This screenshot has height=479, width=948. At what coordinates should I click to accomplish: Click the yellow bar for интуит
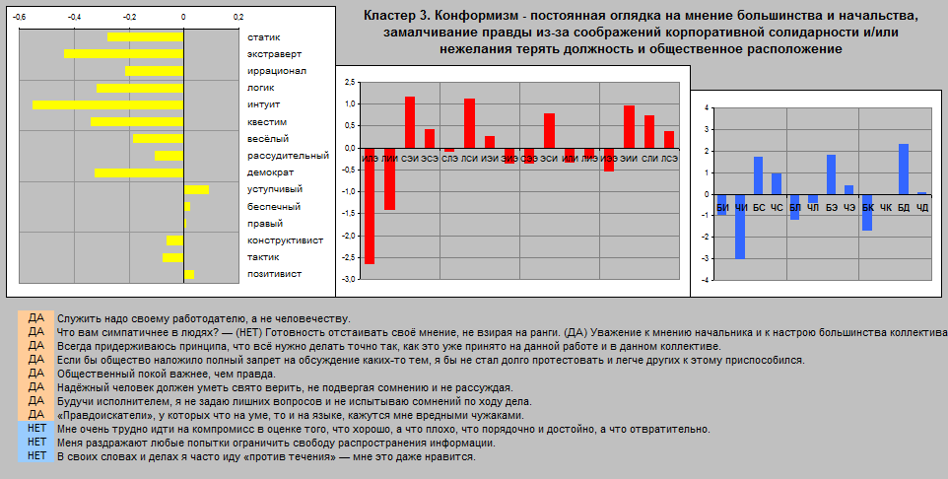point(108,104)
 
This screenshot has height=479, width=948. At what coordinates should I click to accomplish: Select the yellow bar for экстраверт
point(124,53)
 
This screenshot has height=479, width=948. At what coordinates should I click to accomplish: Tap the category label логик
point(261,88)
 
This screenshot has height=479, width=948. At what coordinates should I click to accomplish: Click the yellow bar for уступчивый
point(196,189)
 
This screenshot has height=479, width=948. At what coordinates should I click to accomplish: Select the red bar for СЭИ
point(410,122)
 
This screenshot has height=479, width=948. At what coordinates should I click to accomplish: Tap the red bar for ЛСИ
point(469,123)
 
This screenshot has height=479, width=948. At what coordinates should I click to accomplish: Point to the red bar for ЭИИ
point(629,126)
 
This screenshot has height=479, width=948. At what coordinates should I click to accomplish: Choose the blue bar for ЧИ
point(739,227)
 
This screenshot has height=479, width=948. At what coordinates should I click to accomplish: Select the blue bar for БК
point(867,212)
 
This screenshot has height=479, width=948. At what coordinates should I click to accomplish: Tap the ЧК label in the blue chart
point(885,208)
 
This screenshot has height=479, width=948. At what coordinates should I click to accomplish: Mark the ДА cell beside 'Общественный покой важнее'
point(36,374)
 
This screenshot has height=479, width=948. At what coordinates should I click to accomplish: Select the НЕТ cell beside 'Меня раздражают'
point(36,443)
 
